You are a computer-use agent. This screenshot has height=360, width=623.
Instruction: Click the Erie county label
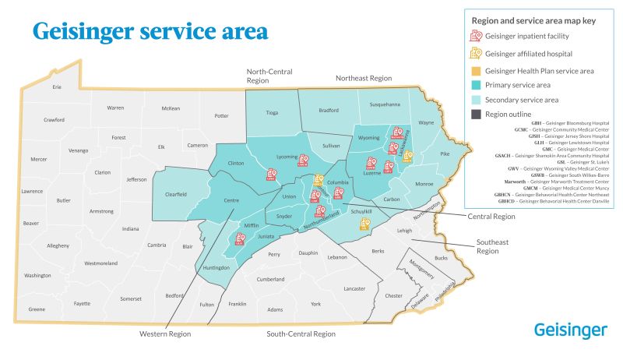click(56, 86)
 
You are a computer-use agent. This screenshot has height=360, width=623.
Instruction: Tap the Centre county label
click(231, 201)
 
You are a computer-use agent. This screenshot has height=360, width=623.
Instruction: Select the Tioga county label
click(272, 113)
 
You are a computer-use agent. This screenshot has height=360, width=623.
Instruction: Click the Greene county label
click(37, 309)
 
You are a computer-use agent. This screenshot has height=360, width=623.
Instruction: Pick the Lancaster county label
click(354, 288)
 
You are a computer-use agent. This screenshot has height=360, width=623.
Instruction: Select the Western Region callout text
click(165, 334)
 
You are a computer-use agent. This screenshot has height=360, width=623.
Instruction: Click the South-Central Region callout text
click(301, 334)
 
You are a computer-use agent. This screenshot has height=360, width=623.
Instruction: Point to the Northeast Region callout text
click(363, 79)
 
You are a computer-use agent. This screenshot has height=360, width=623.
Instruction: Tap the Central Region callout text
click(492, 216)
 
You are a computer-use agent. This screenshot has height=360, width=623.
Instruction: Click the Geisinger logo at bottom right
click(571, 330)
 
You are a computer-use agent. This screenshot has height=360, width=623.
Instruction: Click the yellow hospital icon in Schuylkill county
click(364, 224)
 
